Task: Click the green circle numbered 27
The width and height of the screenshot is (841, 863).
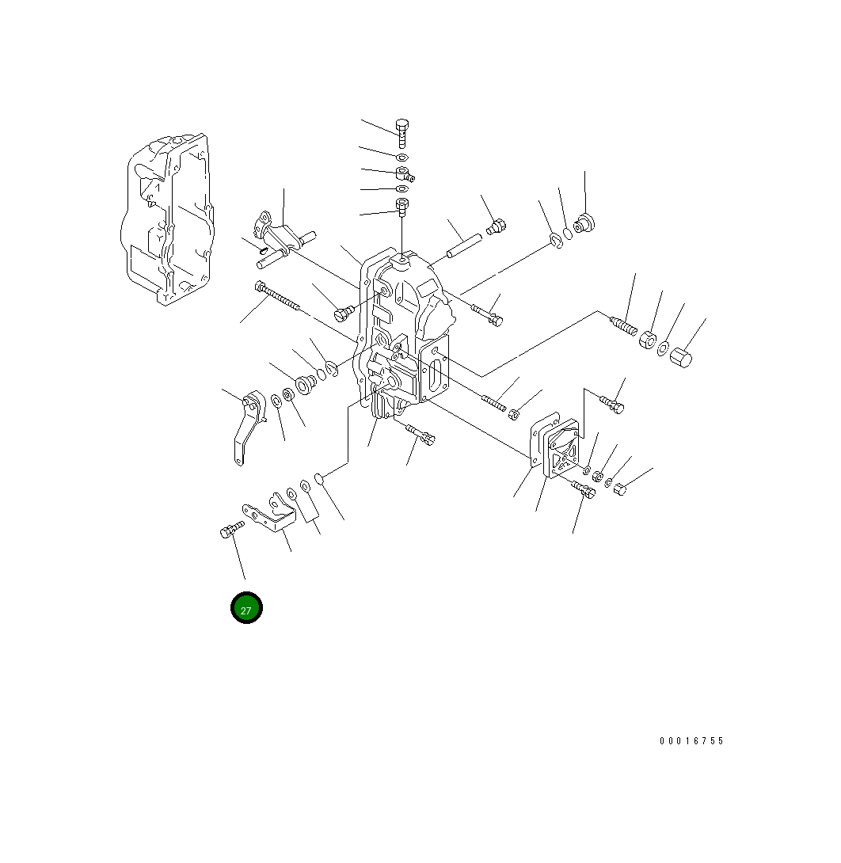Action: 246,608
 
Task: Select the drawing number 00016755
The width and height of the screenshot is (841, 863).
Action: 692,741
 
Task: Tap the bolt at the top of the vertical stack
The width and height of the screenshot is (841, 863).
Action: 402,133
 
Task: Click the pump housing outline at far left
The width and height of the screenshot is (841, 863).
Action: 167,219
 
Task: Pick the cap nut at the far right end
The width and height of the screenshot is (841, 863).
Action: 681,358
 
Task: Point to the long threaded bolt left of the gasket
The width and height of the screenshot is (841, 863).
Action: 277,296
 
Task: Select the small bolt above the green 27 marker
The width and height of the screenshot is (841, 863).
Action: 232,530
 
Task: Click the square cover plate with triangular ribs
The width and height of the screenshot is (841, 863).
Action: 561,448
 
